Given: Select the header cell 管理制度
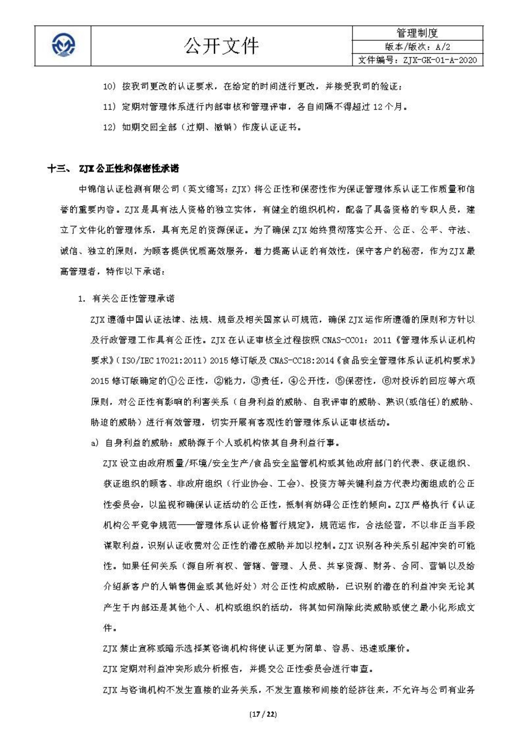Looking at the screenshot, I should point(417,33).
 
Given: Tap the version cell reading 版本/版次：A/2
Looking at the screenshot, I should point(418,47).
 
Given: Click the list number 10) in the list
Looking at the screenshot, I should point(110,87).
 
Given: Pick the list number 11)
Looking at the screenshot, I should point(110,107).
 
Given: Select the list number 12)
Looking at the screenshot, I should point(110,127).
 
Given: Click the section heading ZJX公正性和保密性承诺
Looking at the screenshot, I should point(129,169).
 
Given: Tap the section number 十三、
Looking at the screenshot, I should point(58,169).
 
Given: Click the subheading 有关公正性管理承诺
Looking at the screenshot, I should point(133,299).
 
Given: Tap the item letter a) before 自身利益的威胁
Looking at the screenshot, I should point(95,443).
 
